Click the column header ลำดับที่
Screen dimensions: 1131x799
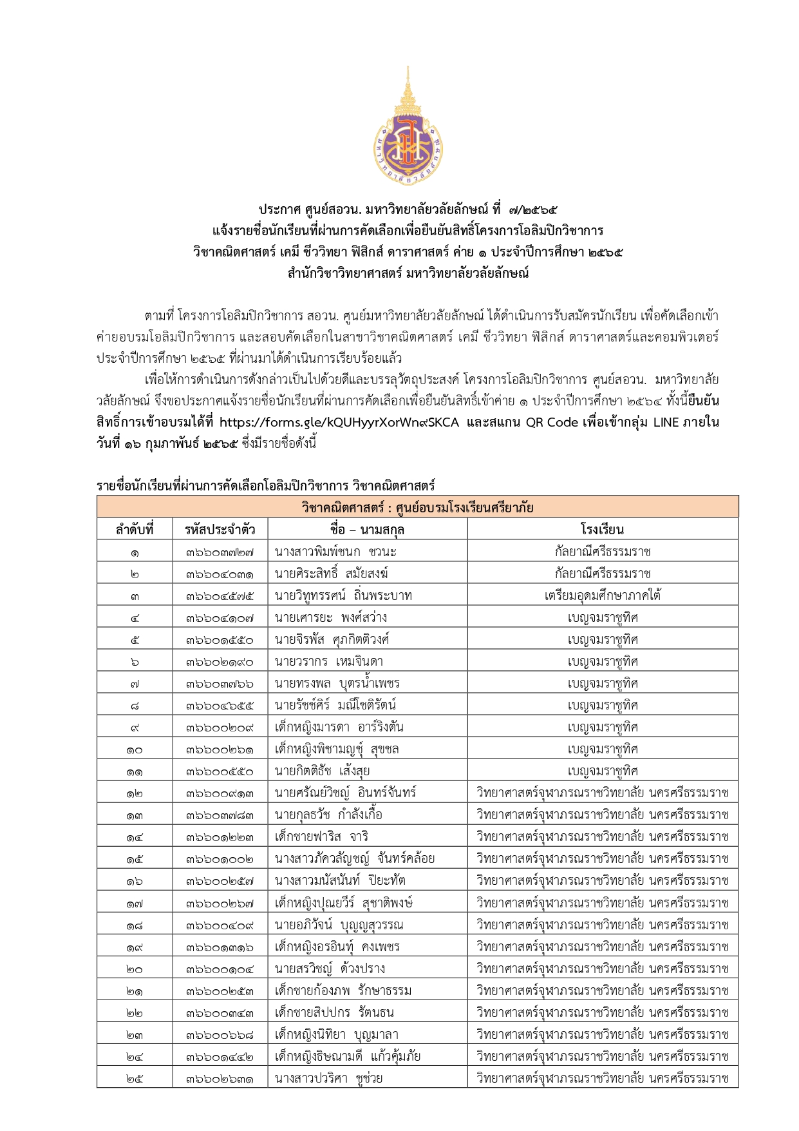pos(135,530)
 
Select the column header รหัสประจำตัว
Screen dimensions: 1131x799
pos(220,530)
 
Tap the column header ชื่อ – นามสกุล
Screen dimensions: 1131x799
pos(367,530)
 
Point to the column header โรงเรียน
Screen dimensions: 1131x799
pos(602,530)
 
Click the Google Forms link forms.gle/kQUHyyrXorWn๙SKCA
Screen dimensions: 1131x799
pos(339,423)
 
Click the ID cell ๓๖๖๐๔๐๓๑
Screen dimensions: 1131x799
pos(220,574)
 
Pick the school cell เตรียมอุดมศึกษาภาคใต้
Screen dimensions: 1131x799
pos(602,596)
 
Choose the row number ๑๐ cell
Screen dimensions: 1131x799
pos(135,749)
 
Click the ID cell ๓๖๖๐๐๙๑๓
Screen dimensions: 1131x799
pos(220,793)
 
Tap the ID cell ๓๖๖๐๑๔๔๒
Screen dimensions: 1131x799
pos(220,1056)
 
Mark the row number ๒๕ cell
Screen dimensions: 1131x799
pos(135,1078)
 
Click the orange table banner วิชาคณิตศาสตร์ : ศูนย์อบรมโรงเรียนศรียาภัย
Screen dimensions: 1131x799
pos(417,507)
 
